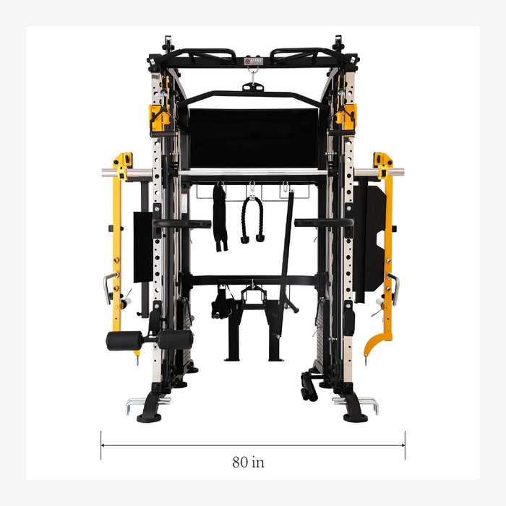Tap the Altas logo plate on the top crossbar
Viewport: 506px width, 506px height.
(x=252, y=61)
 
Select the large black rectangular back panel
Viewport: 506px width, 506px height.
(x=252, y=138)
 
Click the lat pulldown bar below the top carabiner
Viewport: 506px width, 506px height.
(x=252, y=95)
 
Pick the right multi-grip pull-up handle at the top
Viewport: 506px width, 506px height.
(x=303, y=56)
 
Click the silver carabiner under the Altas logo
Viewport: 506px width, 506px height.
(x=253, y=72)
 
